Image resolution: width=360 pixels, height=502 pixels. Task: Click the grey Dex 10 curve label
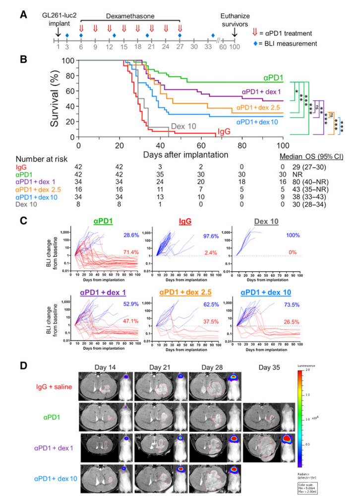click(x=181, y=126)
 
